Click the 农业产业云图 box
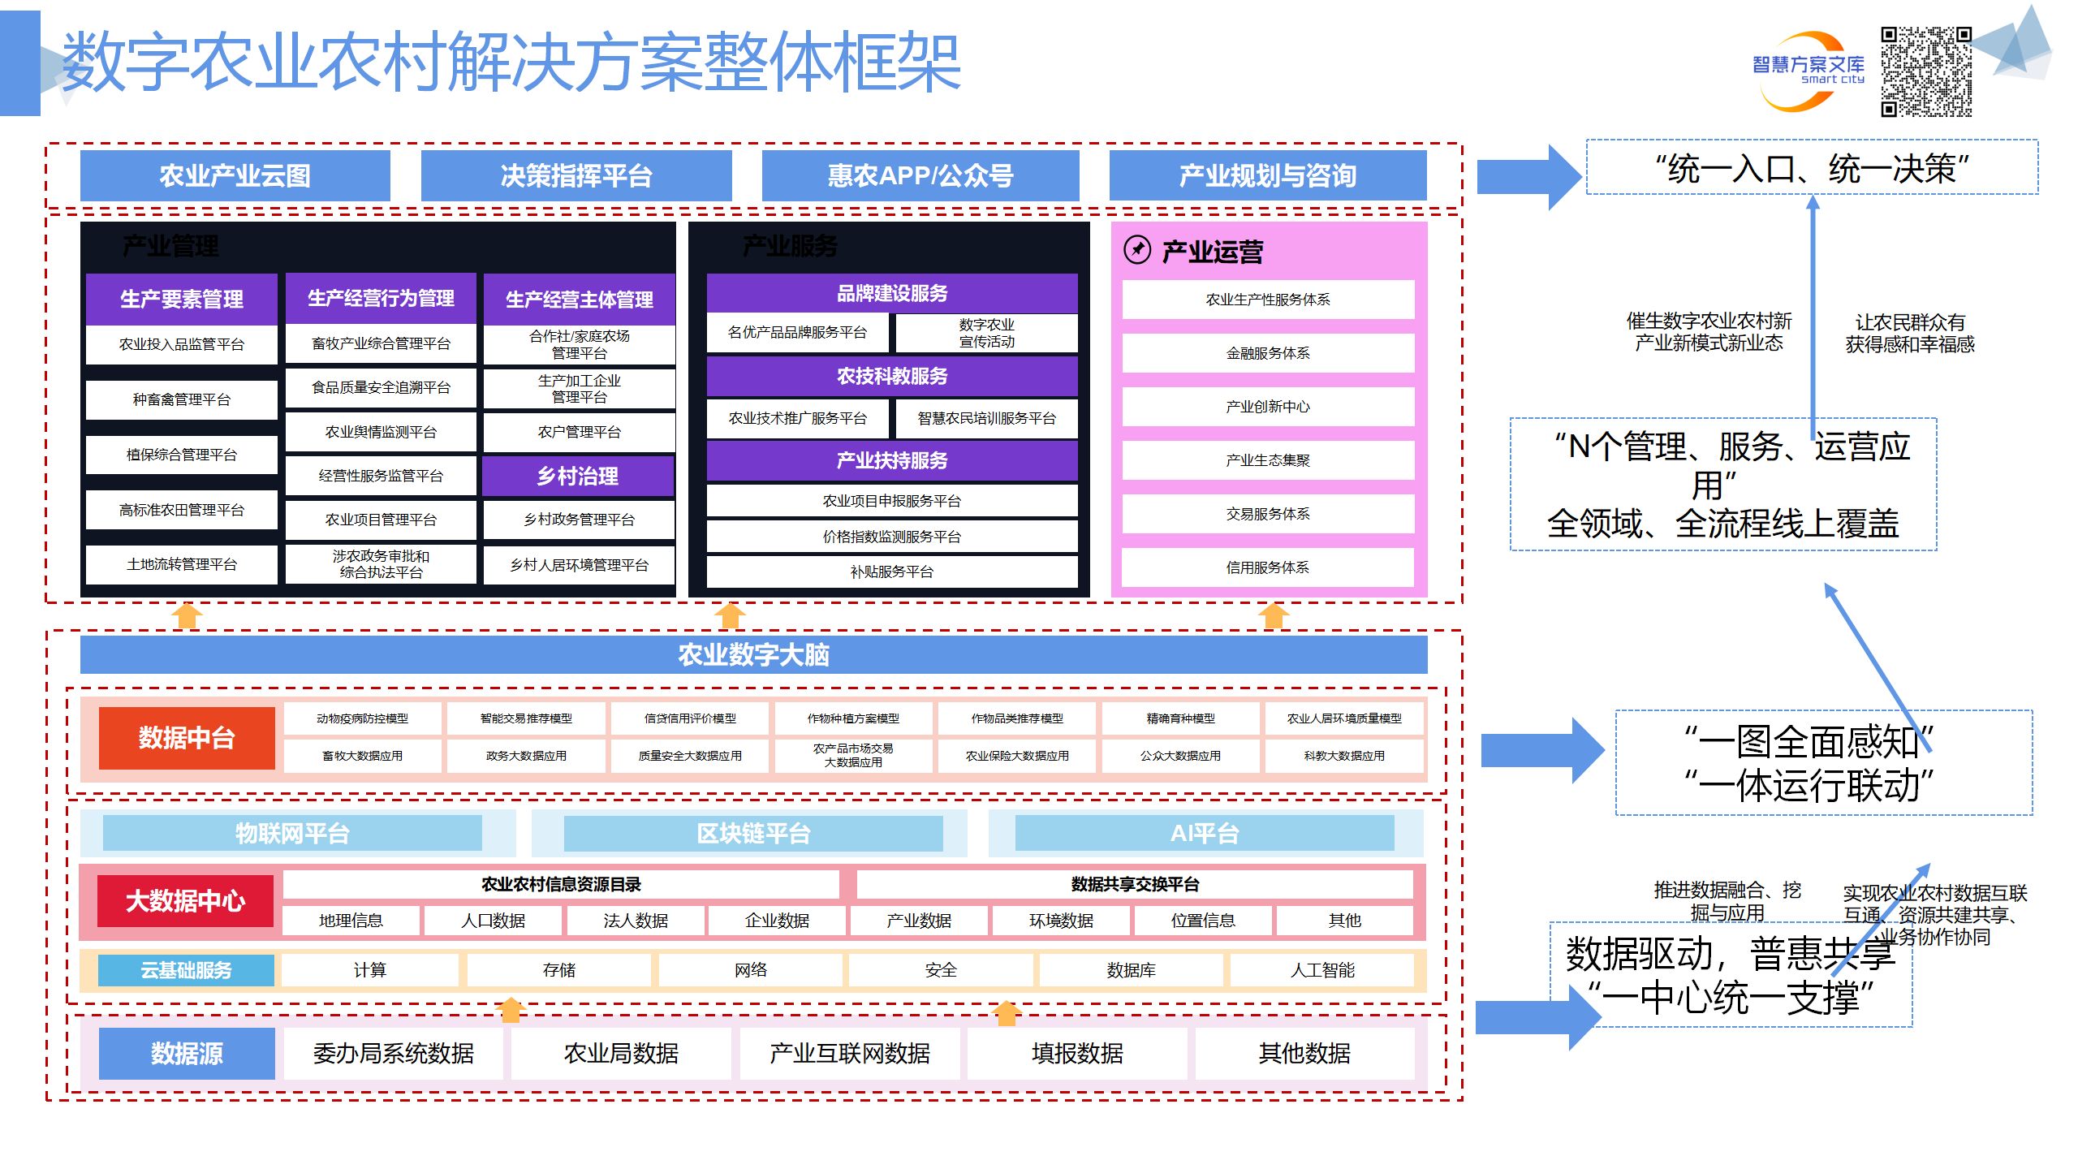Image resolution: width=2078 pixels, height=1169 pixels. tap(235, 175)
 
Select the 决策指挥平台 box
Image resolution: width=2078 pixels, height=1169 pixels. tap(576, 175)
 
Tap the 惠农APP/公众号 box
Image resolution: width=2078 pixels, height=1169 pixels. tap(920, 175)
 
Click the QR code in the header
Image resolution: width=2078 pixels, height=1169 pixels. tap(1925, 71)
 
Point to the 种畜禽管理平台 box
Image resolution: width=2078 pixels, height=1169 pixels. tap(181, 399)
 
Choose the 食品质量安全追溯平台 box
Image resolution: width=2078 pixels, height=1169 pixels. tap(381, 388)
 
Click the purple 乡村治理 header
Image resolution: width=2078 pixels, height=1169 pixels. tap(578, 476)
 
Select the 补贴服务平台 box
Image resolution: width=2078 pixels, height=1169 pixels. tap(891, 572)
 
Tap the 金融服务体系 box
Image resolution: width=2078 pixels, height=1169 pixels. tap(1267, 353)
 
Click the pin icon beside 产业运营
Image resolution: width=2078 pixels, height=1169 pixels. tap(1136, 250)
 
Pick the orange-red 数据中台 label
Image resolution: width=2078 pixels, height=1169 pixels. tap(187, 738)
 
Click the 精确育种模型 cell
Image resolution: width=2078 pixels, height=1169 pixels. tap(1180, 718)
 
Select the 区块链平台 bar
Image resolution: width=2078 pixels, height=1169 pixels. tap(752, 834)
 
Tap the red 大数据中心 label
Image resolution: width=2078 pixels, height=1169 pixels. tap(185, 901)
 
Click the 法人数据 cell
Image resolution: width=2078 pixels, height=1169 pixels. tap(635, 921)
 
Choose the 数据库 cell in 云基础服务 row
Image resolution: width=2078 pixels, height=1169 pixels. tap(1131, 970)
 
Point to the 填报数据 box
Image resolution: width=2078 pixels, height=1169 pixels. tap(1077, 1054)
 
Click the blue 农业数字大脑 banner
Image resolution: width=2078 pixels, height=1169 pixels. tap(753, 654)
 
